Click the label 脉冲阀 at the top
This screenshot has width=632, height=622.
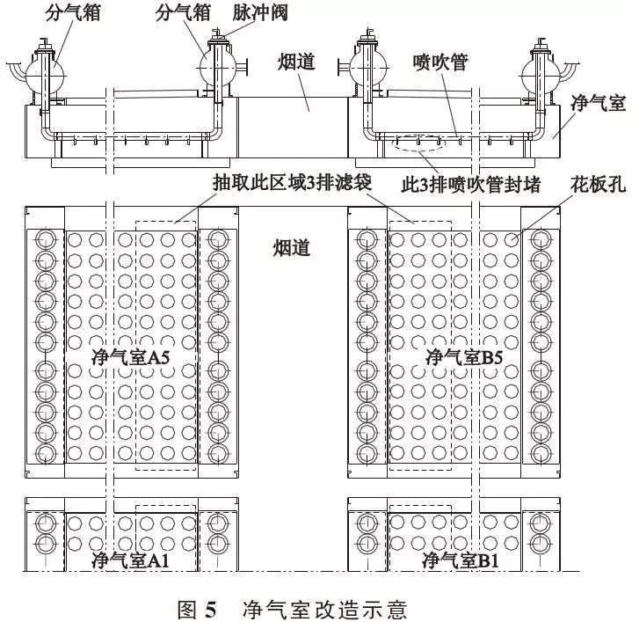[260, 13]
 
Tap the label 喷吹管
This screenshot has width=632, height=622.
[440, 62]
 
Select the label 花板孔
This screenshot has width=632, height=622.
[599, 184]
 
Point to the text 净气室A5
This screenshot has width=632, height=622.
[131, 357]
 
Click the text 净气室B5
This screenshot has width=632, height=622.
[464, 357]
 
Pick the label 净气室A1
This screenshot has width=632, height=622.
[131, 560]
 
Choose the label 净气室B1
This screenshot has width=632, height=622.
[461, 560]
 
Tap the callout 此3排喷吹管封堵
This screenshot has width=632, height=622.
[471, 185]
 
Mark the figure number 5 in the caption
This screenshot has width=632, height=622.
[210, 610]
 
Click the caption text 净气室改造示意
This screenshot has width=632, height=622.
[325, 610]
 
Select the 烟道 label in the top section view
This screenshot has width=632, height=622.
[296, 62]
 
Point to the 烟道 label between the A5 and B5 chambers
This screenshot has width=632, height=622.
[292, 248]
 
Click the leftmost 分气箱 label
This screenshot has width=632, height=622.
[73, 13]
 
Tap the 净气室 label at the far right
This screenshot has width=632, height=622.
[599, 102]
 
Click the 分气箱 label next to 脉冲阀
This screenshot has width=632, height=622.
[184, 13]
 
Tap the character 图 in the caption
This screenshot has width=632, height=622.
[187, 610]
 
